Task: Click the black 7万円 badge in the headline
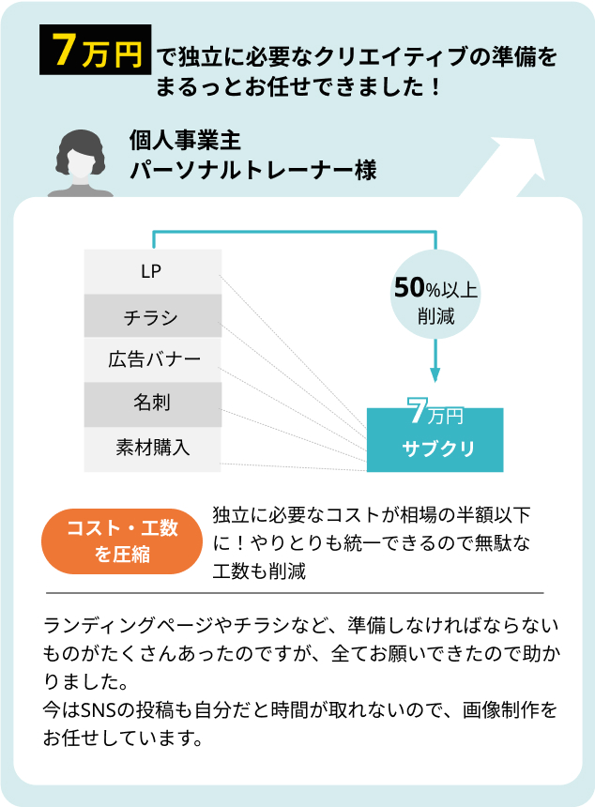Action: tap(95, 51)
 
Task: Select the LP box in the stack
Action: tap(152, 271)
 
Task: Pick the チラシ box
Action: tap(152, 316)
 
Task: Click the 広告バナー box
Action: tap(152, 359)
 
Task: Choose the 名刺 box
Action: tap(152, 404)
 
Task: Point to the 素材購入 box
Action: tap(152, 449)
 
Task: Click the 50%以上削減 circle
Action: tap(435, 299)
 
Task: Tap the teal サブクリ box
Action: tap(435, 440)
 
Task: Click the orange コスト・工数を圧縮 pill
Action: tap(122, 541)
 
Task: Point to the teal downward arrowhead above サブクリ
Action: tap(435, 374)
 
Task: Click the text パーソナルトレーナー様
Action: tap(252, 172)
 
